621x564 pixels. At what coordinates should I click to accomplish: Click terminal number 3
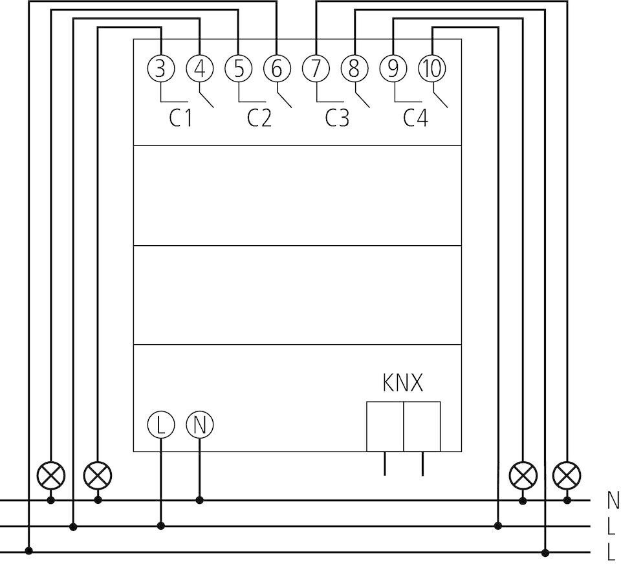tap(161, 69)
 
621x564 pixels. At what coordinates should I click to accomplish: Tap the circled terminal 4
tap(200, 69)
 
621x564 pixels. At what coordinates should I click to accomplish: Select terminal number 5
tap(239, 69)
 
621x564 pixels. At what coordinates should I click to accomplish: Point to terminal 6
tap(277, 69)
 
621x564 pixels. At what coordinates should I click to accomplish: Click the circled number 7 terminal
tap(316, 69)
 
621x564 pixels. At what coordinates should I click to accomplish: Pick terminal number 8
tap(354, 69)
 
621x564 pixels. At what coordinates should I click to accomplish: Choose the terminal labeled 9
tap(393, 69)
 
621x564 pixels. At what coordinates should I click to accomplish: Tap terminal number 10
tap(432, 69)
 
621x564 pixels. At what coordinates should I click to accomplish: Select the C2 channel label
tap(259, 119)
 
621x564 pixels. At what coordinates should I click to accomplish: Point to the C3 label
tap(337, 119)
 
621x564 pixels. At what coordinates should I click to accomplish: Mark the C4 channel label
tap(415, 119)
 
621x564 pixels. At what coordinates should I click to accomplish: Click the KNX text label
tap(403, 384)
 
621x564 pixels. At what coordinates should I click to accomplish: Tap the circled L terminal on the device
tap(161, 425)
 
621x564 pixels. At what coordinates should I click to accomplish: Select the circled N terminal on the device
tap(200, 425)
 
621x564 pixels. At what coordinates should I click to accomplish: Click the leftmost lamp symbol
tap(51, 476)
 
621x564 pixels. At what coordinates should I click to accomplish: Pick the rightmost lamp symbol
tap(567, 476)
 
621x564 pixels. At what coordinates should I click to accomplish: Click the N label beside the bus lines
tap(613, 500)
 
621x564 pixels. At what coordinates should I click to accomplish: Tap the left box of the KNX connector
tap(385, 426)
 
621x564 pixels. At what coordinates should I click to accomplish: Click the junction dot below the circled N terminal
tap(200, 500)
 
